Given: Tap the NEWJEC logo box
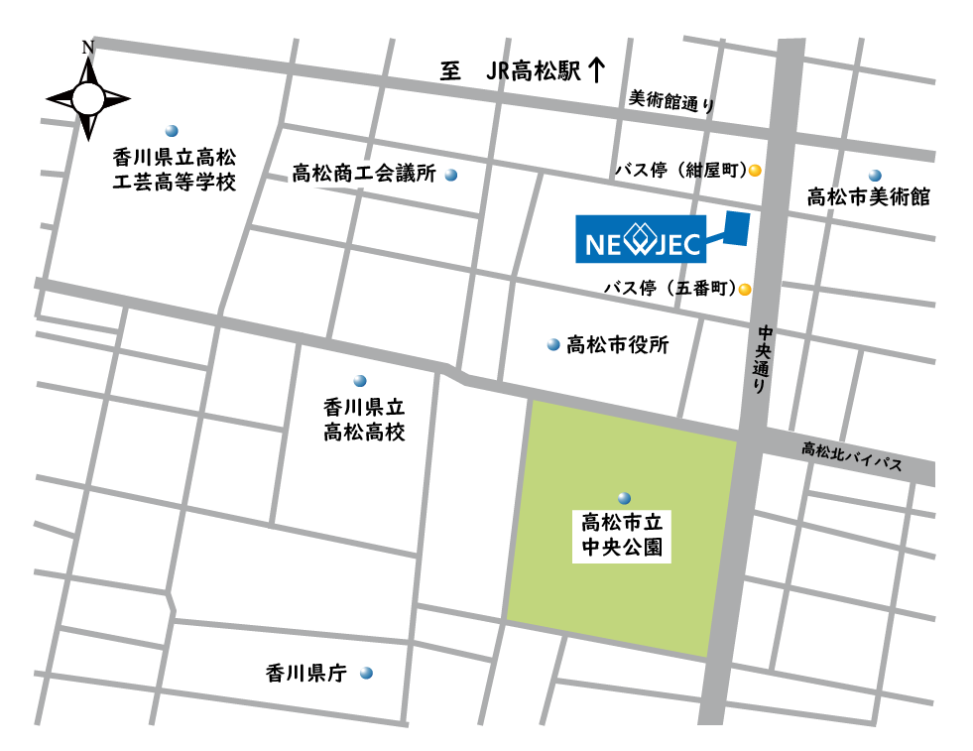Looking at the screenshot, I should (x=641, y=240).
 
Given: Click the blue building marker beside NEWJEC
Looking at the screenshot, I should (x=735, y=228).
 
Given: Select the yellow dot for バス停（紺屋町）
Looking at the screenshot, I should (x=755, y=171).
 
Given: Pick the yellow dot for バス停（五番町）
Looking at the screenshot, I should (x=744, y=291).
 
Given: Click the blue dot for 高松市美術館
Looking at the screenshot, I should (x=874, y=175).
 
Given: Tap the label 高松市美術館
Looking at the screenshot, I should (x=868, y=196).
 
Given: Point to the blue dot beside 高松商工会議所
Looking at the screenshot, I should (x=451, y=176).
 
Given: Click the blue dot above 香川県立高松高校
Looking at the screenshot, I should (x=360, y=381).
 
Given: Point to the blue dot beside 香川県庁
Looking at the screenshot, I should (x=366, y=673).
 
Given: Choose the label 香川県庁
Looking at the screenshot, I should (x=305, y=673).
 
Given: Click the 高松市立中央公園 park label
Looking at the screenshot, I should (x=622, y=534).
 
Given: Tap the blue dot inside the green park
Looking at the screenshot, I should (x=623, y=497).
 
